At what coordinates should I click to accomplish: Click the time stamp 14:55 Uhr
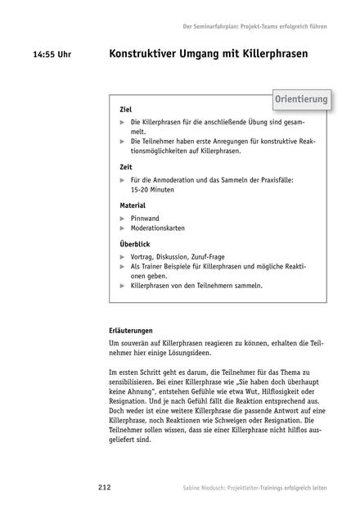point(52,56)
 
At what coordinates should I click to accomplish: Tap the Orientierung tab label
point(301,100)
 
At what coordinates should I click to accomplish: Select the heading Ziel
point(126,109)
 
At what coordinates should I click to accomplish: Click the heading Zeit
point(126,167)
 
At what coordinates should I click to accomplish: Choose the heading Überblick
point(136,243)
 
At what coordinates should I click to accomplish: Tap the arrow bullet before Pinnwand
point(123,219)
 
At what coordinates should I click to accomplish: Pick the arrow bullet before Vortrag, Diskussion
point(123,257)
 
